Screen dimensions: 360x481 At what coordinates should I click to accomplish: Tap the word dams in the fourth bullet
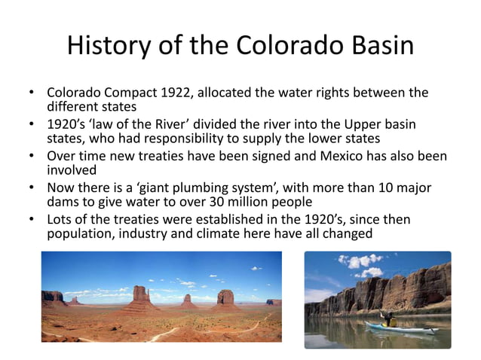(63, 202)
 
